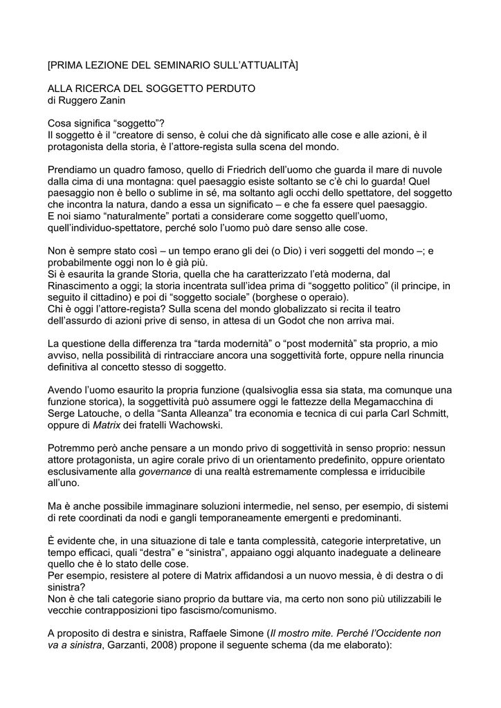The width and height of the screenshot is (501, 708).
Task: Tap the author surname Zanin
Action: (111, 100)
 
